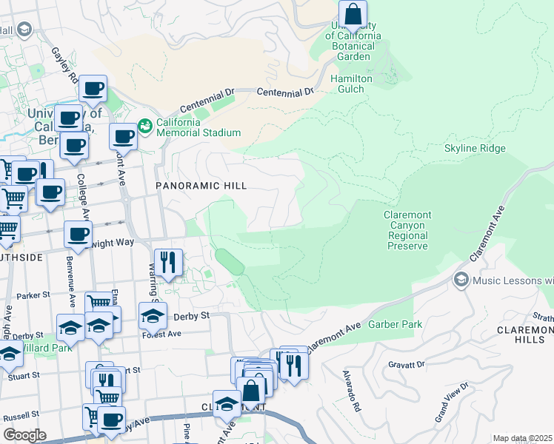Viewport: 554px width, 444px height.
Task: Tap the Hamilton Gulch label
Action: pos(352,84)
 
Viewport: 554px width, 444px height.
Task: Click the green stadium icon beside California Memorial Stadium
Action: pos(145,127)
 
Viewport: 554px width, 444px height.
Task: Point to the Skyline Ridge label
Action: pos(475,149)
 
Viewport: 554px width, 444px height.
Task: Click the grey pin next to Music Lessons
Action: pos(461,280)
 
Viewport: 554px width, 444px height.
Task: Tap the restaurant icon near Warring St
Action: pos(167,262)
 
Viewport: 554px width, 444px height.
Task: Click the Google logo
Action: pos(24,435)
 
